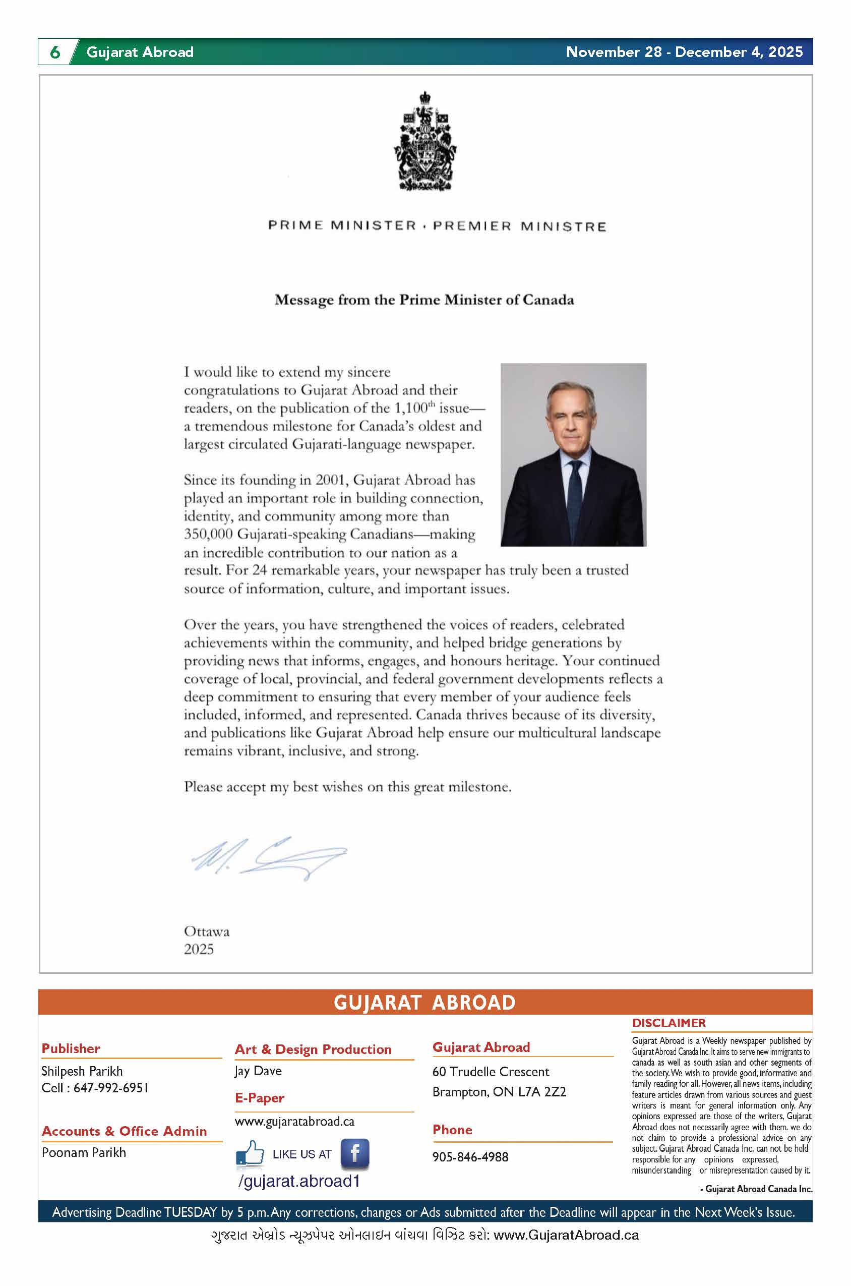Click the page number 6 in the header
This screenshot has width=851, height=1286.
(x=55, y=52)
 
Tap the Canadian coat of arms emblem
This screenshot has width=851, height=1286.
(x=425, y=142)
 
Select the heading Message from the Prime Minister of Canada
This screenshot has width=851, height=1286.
(x=424, y=300)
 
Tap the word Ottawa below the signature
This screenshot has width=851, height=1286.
(x=207, y=931)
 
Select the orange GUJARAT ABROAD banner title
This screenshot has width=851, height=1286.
(x=424, y=1003)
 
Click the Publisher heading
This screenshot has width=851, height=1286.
(x=71, y=1049)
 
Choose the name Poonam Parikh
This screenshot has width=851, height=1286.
(x=84, y=1152)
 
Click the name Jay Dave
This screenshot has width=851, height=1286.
(x=258, y=1071)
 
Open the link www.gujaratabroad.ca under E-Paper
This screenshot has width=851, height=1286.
(x=294, y=1122)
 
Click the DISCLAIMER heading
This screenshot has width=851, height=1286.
(x=668, y=1023)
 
